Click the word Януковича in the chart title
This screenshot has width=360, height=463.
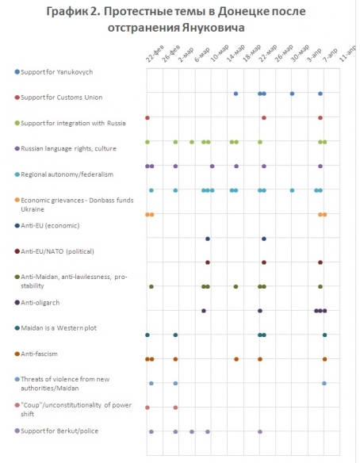213,28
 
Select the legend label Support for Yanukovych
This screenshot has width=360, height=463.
57,72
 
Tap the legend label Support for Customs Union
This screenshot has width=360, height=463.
61,98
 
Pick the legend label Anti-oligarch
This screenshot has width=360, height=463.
40,303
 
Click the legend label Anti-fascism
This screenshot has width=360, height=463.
40,354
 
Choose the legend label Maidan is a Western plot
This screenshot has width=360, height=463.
59,328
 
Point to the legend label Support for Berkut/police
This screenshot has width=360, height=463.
59,431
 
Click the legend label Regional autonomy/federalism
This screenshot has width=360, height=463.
67,174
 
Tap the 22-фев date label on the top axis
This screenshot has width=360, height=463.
155,54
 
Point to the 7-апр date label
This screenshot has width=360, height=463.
330,55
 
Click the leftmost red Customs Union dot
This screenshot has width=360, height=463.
147,118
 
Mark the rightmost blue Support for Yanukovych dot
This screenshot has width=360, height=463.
320,94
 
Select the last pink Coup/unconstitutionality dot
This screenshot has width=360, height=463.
175,408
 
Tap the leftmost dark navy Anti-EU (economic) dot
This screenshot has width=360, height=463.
208,239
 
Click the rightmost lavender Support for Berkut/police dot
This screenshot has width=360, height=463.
260,432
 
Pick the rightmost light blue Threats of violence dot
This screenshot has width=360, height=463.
324,383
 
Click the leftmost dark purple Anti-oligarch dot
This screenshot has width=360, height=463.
204,311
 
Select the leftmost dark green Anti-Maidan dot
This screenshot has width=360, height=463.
151,286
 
